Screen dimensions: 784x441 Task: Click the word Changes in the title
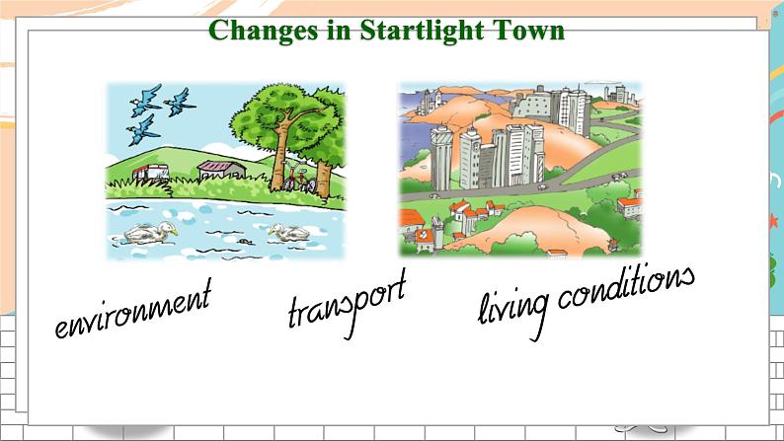263,31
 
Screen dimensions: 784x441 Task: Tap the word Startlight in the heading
422,31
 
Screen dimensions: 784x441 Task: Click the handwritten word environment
133,309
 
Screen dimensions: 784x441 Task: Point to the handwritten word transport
347,303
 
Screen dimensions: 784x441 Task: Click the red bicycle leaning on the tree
299,177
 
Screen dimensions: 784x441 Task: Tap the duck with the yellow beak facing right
150,233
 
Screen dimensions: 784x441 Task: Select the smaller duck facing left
289,232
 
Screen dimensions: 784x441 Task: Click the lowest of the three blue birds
143,130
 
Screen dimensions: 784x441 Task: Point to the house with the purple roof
221,170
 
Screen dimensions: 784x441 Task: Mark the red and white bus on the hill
150,173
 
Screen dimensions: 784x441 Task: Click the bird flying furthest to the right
179,103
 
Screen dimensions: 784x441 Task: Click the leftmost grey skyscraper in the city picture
441,158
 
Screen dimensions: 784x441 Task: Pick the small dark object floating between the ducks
245,242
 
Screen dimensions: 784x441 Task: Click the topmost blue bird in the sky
145,100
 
